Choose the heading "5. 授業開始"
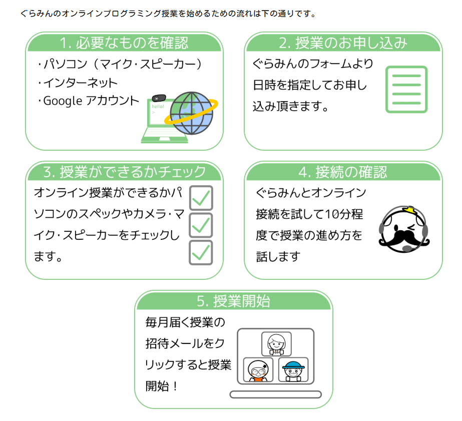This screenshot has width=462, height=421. click(x=233, y=301)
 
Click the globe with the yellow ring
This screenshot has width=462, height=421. click(x=191, y=113)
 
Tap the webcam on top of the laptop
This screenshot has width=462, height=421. click(x=159, y=98)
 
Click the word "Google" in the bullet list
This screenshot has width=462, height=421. click(x=63, y=101)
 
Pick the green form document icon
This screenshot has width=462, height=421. click(x=406, y=90)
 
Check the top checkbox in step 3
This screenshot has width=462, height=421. click(x=201, y=198)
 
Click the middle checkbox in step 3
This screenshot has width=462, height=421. click(x=201, y=225)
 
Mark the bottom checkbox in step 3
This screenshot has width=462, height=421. click(x=201, y=252)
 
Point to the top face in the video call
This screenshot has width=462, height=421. click(x=276, y=343)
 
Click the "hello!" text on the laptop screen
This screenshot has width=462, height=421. click(x=158, y=107)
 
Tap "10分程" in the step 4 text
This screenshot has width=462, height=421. click(x=344, y=215)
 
